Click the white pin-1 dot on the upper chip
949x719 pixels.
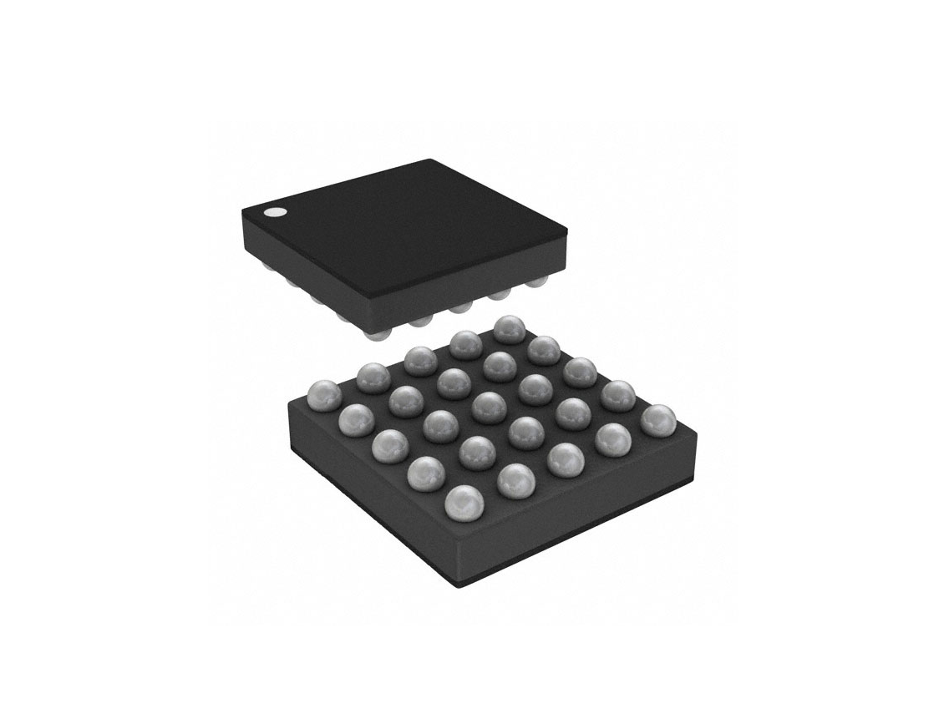click(273, 212)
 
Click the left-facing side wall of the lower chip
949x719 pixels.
click(368, 501)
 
